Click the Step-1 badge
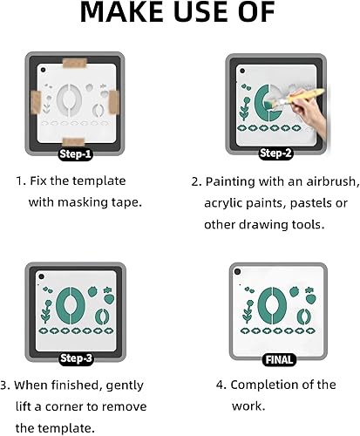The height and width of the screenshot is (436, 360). click(x=75, y=154)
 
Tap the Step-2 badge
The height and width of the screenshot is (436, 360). click(x=275, y=153)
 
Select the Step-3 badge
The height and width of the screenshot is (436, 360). click(x=76, y=358)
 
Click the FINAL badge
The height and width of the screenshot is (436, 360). click(x=279, y=360)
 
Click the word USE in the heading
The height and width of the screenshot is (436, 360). click(x=200, y=12)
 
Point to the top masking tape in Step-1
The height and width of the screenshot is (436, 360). click(x=75, y=63)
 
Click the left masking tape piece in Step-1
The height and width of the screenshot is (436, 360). click(x=36, y=102)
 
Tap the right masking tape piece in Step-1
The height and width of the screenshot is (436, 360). click(x=113, y=102)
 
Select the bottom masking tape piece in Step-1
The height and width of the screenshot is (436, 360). click(x=73, y=141)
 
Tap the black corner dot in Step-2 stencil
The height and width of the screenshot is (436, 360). click(x=242, y=71)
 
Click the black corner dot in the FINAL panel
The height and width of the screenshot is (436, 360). click(x=238, y=272)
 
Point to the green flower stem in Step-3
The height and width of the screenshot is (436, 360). click(x=46, y=312)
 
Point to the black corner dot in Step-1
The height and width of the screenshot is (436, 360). click(x=44, y=70)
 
